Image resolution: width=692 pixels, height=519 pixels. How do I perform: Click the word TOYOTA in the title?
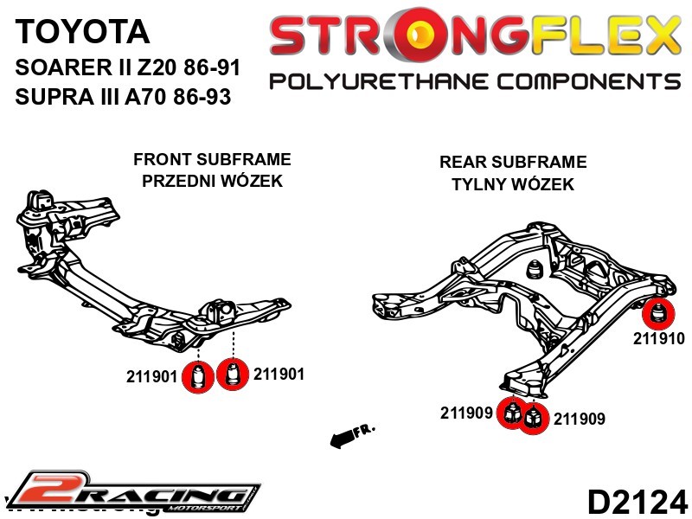point(82,32)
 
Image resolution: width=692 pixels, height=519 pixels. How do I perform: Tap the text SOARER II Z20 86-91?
point(128,67)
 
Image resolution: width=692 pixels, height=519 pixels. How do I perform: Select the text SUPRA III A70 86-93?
point(123,97)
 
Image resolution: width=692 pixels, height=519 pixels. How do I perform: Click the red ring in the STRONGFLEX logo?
point(422,36)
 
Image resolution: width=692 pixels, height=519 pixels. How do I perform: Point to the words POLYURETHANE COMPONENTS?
point(475,81)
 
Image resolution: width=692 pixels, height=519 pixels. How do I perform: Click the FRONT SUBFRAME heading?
point(212,160)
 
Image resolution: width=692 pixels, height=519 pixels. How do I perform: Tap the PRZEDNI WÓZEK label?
point(212,182)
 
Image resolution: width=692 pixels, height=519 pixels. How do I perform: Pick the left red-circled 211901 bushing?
point(200,377)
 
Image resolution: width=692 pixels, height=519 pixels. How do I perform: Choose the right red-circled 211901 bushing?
point(232,375)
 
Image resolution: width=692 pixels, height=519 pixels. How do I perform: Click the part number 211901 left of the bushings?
point(151,377)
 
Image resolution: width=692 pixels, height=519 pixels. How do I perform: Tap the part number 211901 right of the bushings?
point(279,375)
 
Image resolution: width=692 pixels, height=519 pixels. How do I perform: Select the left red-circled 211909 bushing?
point(512,413)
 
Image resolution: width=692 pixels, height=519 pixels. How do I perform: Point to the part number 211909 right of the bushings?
point(579,420)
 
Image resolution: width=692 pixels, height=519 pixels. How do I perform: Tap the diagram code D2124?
point(638,501)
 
